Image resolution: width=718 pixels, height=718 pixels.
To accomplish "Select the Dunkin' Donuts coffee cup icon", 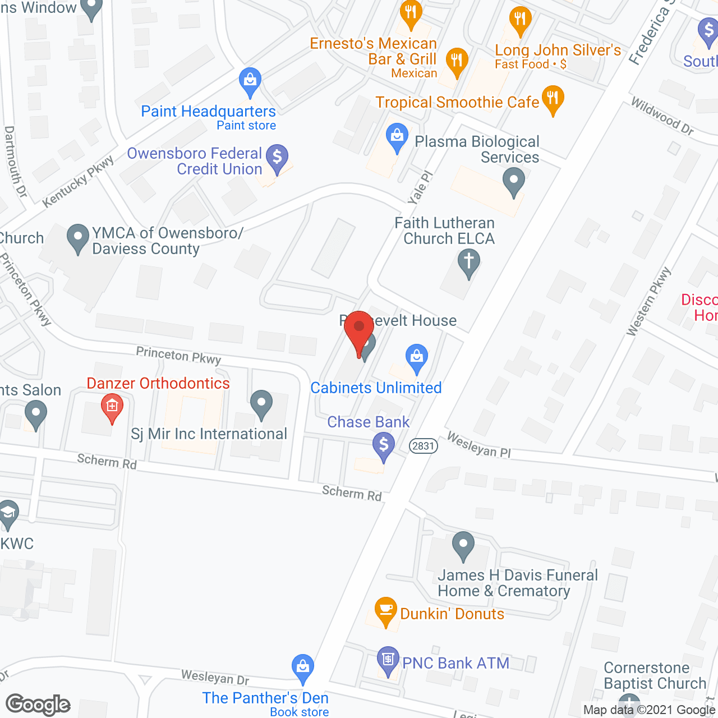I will point(385,610).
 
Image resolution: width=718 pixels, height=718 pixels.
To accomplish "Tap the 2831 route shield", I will point(423,446).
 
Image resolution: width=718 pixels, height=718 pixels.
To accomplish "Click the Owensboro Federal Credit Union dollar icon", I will point(277,158).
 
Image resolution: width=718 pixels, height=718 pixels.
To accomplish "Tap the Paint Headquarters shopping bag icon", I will point(250,81).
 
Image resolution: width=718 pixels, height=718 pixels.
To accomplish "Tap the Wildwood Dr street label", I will point(662,116).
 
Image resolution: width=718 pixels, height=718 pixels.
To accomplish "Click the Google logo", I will point(38,705).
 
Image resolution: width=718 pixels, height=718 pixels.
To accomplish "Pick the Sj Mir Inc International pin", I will point(261,404).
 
